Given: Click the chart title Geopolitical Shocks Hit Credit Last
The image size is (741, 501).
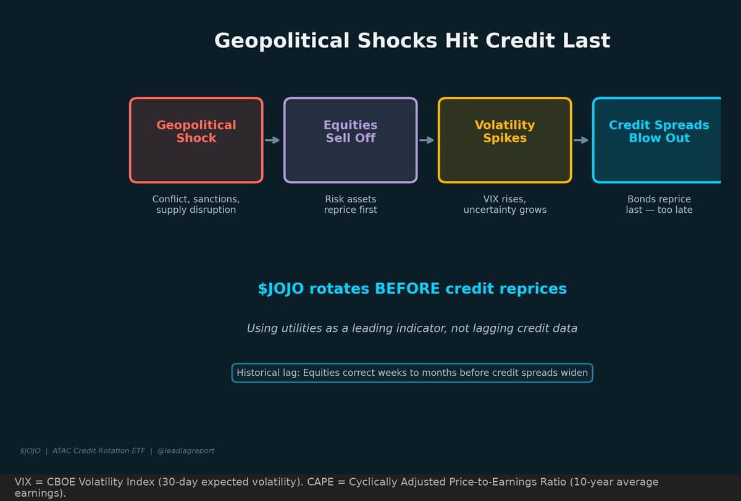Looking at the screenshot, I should tap(412, 41).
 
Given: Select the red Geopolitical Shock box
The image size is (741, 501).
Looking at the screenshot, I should tap(196, 140).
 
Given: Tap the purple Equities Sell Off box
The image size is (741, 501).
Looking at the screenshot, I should tap(351, 140).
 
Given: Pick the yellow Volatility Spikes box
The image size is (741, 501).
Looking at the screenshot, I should tap(505, 140).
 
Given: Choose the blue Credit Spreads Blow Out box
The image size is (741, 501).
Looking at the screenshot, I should tap(658, 140).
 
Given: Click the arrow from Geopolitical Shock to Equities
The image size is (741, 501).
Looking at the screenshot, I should tap(272, 140).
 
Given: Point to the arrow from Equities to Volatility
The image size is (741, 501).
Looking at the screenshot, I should tap(427, 140).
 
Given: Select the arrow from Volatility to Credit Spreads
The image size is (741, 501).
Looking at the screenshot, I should tap(581, 140).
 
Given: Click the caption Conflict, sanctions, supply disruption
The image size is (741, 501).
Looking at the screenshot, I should tap(196, 204).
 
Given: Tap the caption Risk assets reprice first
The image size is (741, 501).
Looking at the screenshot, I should tap(351, 204).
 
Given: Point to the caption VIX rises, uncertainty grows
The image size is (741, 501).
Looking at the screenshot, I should tap(505, 204).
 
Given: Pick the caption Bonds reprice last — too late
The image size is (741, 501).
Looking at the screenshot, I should tap(659, 204).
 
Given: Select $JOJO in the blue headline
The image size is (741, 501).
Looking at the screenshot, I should tap(280, 289).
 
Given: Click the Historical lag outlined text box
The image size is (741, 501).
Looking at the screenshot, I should tap(412, 373).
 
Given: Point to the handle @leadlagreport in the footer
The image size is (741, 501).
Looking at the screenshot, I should tap(186, 451).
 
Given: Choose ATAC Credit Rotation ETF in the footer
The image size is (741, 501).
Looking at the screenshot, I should tap(99, 451).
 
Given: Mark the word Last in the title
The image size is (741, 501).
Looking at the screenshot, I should tap(587, 41).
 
